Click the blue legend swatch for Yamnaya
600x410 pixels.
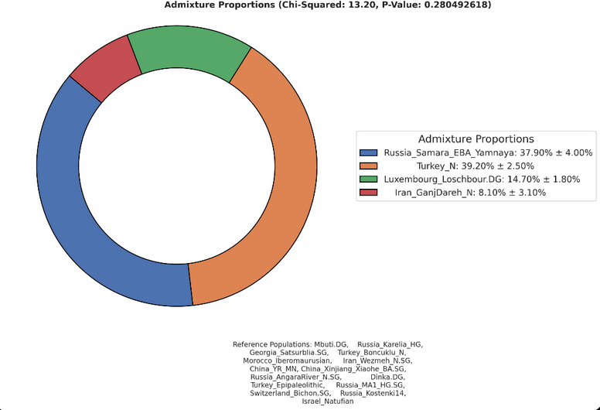(369, 152)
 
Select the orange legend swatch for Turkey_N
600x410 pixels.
(369, 166)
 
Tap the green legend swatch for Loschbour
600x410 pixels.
(369, 179)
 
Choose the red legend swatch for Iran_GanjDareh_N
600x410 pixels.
(369, 192)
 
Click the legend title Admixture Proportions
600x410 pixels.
(476, 139)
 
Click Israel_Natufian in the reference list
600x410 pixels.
(328, 401)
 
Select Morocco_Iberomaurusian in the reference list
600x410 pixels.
(288, 360)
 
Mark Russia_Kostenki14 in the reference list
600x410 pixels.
(373, 393)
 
